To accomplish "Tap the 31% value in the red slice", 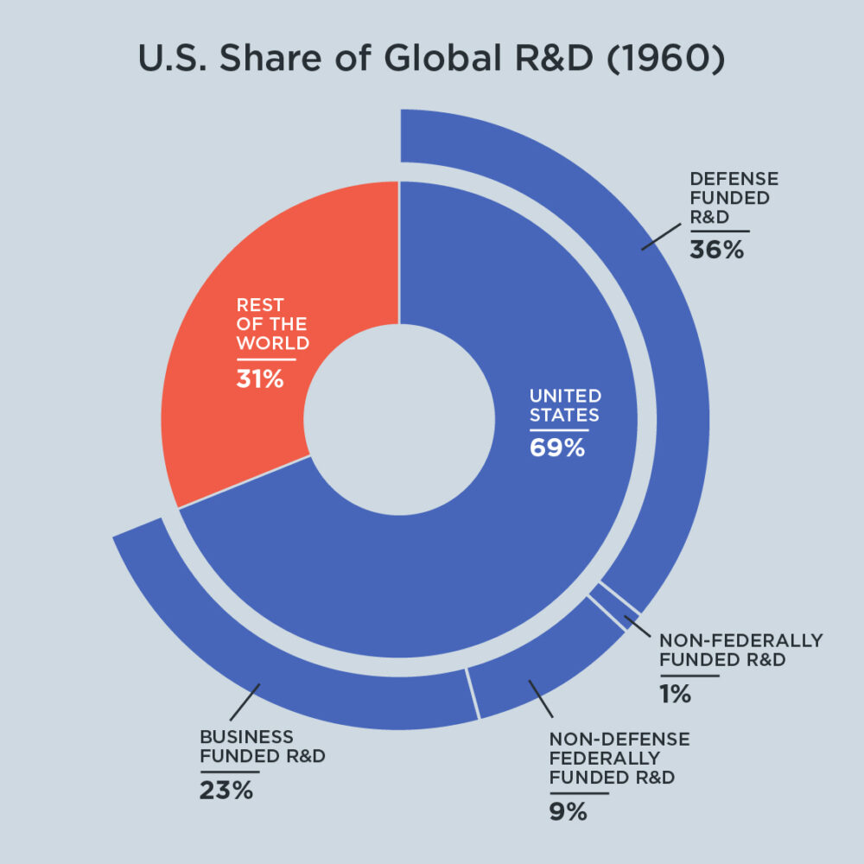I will point(260,378).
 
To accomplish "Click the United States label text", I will point(565,405).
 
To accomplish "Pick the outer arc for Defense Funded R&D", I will point(665,346).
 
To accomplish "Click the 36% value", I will point(716,250).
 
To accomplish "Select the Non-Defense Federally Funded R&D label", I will point(619,758).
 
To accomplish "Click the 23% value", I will point(226,790).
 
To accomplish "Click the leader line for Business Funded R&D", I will point(245,702).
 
